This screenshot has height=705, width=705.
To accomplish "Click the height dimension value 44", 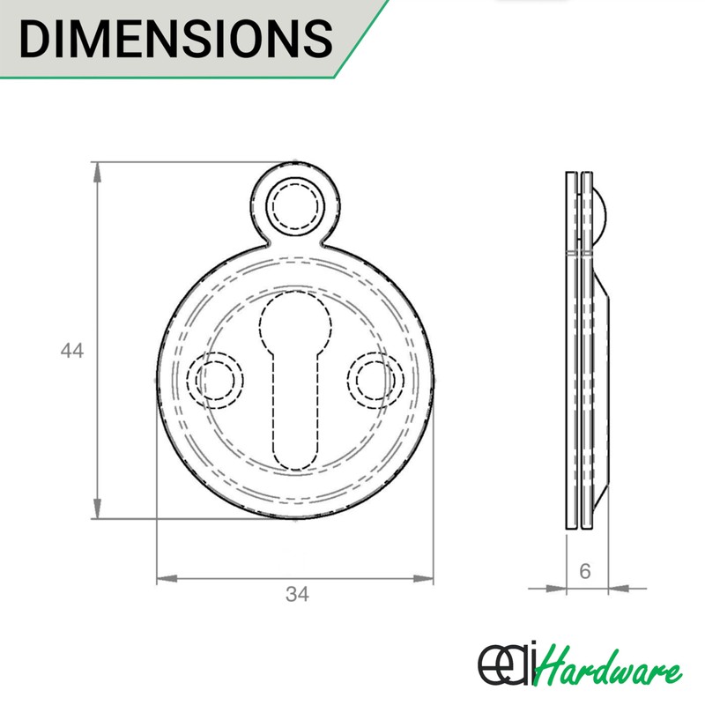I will point(71,351).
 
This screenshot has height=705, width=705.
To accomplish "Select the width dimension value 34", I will point(297,595).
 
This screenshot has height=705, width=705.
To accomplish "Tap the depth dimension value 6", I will point(584,571).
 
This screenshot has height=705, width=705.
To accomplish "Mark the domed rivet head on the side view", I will point(600,209).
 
